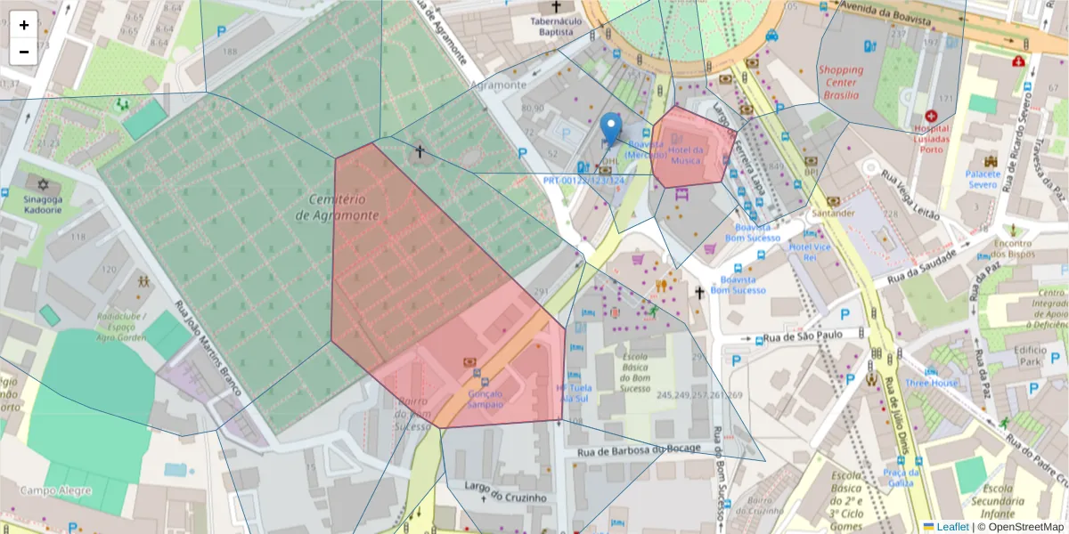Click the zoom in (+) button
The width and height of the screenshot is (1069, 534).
(24, 25)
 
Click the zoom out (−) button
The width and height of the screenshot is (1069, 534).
(24, 52)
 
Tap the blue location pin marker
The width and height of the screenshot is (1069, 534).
(610, 130)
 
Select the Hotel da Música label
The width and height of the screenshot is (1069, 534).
(686, 155)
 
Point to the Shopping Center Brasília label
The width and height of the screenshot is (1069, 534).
(841, 82)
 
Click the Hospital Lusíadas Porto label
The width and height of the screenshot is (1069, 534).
(932, 139)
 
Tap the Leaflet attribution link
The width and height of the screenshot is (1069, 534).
(952, 527)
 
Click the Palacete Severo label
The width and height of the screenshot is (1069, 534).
(983, 180)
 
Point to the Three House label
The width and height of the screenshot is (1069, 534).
(932, 383)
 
